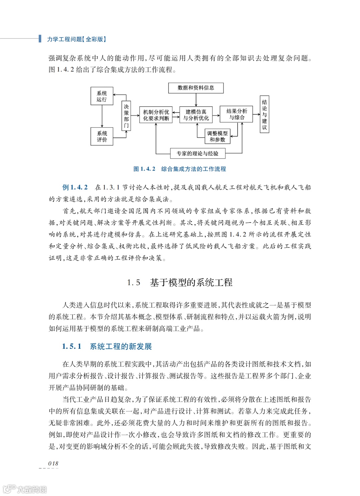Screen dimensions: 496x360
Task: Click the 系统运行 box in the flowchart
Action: [x=102, y=96]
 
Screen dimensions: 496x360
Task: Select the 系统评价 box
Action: [x=102, y=137]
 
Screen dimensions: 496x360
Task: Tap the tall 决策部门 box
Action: [x=126, y=116]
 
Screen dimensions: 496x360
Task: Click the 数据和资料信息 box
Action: [x=196, y=88]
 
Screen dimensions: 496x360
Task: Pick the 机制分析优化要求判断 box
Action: [x=156, y=115]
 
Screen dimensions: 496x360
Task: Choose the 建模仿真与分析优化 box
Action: [x=196, y=115]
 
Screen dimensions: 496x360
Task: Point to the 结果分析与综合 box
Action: [x=236, y=114]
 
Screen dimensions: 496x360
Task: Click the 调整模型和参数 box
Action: [x=217, y=137]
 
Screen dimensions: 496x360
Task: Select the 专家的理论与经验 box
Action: [x=197, y=154]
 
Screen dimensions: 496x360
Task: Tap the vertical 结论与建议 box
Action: [x=264, y=115]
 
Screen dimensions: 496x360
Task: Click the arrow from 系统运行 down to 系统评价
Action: [x=102, y=116]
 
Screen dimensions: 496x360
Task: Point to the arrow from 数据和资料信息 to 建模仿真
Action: [x=196, y=100]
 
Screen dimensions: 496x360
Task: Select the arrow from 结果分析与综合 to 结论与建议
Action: [x=256, y=115]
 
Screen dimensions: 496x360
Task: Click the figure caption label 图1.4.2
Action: [x=144, y=169]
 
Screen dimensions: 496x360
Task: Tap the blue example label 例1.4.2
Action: [x=75, y=187]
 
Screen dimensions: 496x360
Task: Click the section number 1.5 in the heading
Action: [x=134, y=283]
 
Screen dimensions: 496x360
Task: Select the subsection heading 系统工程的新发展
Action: [x=121, y=346]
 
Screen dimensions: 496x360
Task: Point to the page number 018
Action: [x=53, y=463]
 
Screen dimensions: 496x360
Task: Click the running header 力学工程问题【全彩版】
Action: [x=76, y=39]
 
